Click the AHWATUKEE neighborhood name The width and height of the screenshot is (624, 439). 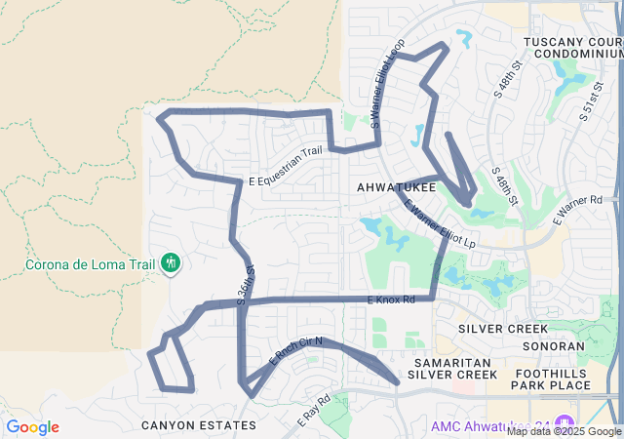click(x=396, y=185)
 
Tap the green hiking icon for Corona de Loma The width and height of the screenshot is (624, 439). click(x=172, y=263)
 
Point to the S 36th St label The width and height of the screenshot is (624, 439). click(x=245, y=284)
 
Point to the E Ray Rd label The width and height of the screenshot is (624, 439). click(x=314, y=410)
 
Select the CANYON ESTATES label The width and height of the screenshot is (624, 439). click(x=198, y=425)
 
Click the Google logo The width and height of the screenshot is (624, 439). click(x=32, y=427)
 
